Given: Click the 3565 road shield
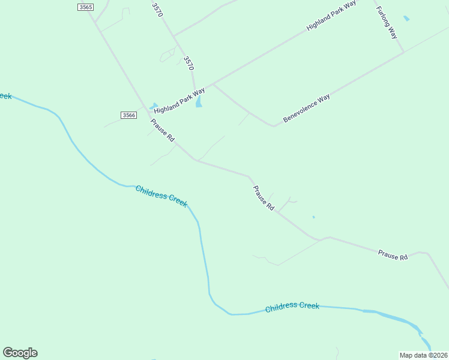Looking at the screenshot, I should click(86, 7).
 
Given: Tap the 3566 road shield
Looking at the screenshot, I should click(128, 115).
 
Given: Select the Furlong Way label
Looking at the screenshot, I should click(387, 22).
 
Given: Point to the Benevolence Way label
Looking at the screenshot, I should click(307, 108).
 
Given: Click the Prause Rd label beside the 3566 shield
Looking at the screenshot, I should click(163, 130).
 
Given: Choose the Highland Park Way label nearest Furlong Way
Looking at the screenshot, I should click(331, 16).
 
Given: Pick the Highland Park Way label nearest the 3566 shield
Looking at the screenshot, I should click(179, 101).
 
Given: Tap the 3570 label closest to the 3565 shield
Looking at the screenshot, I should click(157, 10).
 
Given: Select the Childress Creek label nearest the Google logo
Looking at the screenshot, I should click(161, 196).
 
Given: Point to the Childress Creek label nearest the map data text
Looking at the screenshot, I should click(292, 306).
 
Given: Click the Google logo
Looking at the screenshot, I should click(20, 352).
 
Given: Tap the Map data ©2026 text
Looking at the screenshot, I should click(424, 355).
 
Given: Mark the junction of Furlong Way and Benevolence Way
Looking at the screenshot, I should click(403, 52).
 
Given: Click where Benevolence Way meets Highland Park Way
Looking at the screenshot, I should click(213, 83).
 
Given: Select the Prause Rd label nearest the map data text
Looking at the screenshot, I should click(393, 255).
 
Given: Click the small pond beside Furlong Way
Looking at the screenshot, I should click(406, 19).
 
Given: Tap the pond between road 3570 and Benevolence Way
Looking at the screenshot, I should click(199, 102).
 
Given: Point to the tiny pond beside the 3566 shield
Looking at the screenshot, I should click(154, 106).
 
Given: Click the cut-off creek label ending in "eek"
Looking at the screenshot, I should click(5, 95).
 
